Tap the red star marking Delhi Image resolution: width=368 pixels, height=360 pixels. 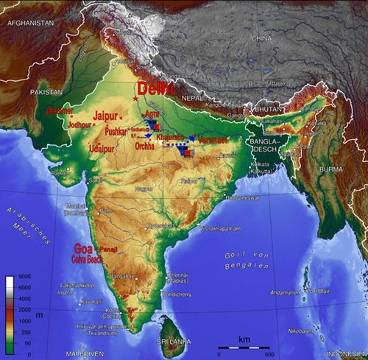[135, 99]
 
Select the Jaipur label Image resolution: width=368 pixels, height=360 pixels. [107, 116]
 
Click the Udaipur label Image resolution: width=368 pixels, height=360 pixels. [102, 148]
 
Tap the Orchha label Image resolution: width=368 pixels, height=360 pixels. [145, 146]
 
